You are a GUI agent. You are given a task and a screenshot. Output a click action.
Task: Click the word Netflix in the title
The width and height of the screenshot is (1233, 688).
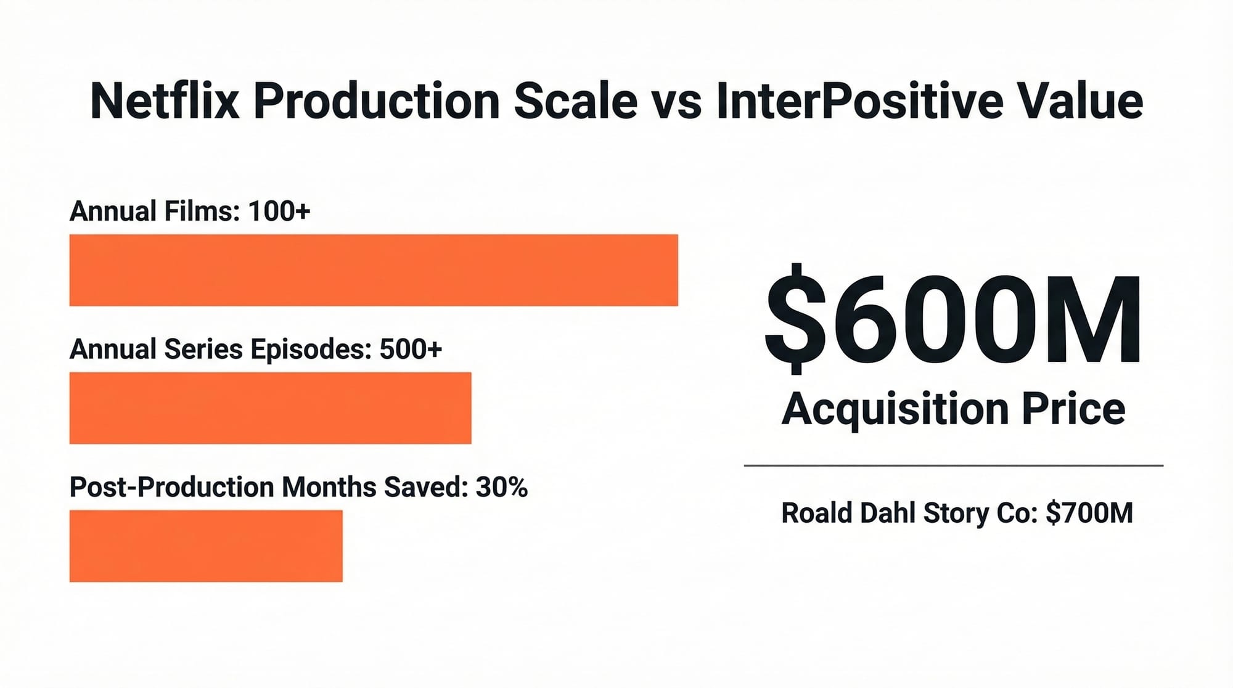[x=164, y=101]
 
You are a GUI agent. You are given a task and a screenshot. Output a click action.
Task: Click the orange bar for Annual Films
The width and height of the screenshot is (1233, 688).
[x=374, y=270]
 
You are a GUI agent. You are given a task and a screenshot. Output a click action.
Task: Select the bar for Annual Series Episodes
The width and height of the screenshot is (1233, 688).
[x=270, y=407]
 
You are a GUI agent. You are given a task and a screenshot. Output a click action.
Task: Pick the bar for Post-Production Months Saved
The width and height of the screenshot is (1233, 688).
[x=206, y=546]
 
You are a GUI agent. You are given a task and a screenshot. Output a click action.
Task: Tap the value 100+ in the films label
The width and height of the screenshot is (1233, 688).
[x=279, y=211]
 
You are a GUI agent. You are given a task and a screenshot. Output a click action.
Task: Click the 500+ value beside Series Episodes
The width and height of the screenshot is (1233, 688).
[x=411, y=349]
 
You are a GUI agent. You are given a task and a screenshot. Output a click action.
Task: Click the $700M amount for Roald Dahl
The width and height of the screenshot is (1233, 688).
[x=1089, y=513]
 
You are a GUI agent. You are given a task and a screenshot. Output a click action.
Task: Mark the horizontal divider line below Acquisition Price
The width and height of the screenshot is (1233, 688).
[x=953, y=465]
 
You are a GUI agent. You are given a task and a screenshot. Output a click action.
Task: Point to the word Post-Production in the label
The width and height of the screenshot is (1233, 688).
[x=172, y=487]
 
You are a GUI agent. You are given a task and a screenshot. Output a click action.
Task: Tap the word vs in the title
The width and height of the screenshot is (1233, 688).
[x=677, y=101]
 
